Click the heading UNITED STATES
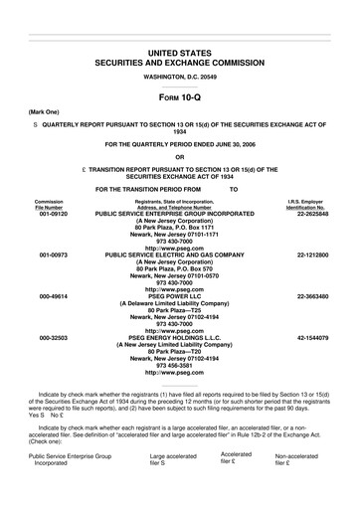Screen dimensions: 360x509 (x=180, y=51)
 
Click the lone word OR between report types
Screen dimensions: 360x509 (x=180, y=155)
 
